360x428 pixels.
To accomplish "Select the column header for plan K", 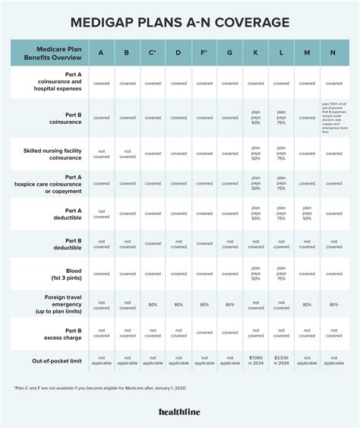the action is (256, 53).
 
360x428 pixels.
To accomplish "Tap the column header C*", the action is (153, 53).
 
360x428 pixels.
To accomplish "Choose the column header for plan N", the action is (333, 53).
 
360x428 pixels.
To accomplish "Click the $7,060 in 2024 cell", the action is (256, 360).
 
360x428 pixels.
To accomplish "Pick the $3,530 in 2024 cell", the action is (281, 360).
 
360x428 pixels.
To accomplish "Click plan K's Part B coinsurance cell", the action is (256, 117).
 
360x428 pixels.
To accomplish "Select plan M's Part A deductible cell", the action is (307, 213).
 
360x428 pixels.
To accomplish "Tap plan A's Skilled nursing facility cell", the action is (101, 153).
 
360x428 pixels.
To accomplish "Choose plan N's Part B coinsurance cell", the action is (333, 117).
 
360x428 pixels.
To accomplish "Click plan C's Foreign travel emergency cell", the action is (153, 304).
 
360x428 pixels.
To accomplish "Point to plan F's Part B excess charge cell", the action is (204, 332).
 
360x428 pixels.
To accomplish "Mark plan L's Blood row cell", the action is (281, 273).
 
